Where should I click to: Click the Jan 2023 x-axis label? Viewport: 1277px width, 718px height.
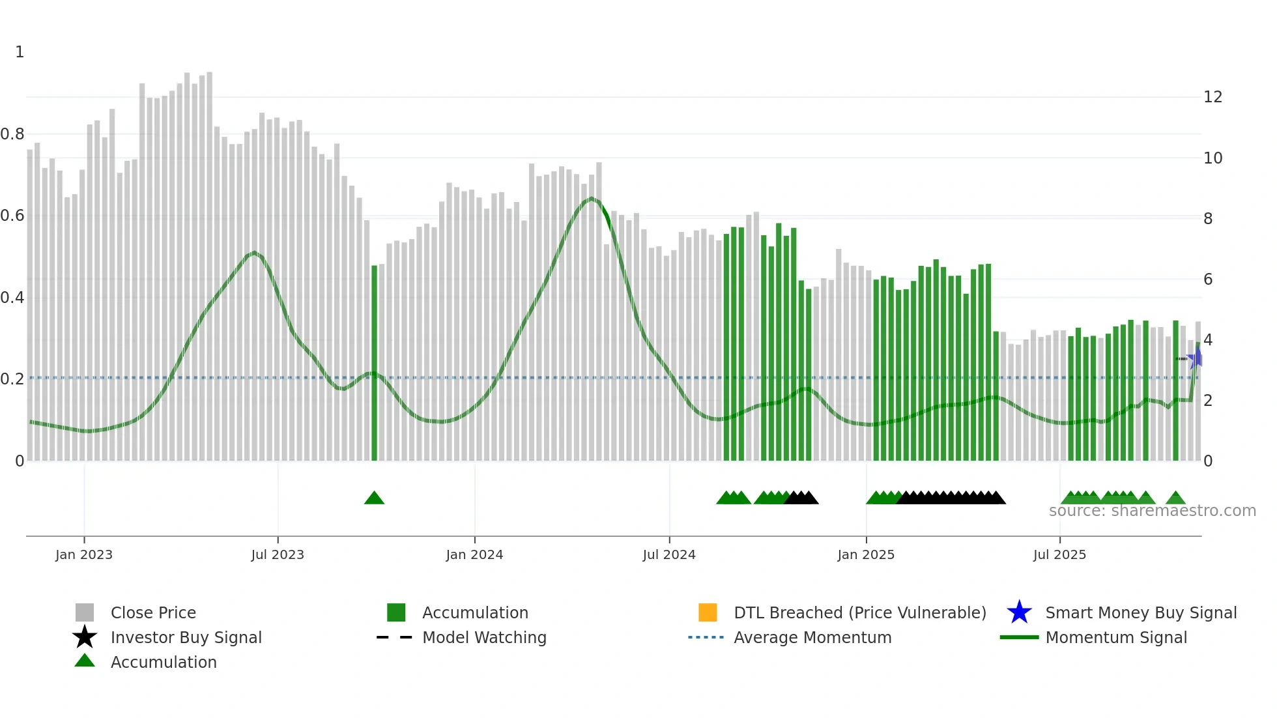(83, 554)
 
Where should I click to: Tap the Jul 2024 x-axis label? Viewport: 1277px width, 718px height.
(668, 554)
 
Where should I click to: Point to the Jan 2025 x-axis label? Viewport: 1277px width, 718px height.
(865, 554)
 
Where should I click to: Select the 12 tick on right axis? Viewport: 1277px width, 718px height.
(1212, 97)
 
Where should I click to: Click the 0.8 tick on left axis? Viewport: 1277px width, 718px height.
(12, 134)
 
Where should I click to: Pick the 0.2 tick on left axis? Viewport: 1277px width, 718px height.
(12, 379)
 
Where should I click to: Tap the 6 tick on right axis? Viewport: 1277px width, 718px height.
(1208, 280)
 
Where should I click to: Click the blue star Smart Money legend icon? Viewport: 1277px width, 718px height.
(1019, 612)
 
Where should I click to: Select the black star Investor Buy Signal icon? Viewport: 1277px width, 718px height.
(85, 637)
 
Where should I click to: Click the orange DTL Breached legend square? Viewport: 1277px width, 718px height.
(708, 612)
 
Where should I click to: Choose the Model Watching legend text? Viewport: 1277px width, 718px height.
(484, 637)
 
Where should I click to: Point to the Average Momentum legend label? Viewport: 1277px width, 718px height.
(812, 637)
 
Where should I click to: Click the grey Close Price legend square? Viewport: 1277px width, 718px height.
(85, 612)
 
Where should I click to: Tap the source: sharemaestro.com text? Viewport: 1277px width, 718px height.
(1152, 511)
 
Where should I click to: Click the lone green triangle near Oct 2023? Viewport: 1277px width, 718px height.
(374, 498)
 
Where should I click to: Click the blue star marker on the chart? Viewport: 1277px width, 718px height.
(1196, 358)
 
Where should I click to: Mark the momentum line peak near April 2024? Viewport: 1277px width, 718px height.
(591, 198)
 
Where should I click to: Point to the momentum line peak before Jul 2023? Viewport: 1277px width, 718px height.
(254, 252)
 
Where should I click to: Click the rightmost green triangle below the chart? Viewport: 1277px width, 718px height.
(1175, 498)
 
